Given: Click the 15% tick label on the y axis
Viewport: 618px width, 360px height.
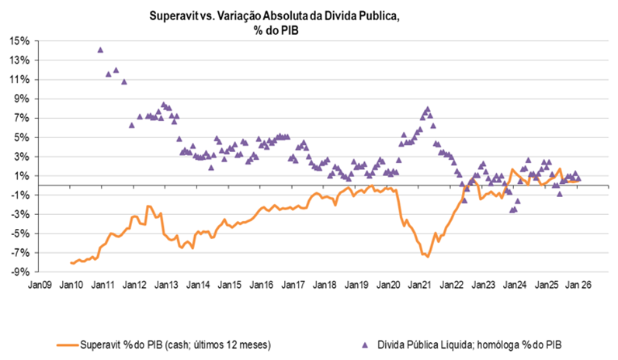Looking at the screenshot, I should (19, 40).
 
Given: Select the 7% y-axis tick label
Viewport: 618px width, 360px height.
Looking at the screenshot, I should (21, 118).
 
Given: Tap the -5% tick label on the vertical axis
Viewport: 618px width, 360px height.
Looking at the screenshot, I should (20, 233).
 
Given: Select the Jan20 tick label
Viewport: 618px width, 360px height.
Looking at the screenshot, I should (387, 286).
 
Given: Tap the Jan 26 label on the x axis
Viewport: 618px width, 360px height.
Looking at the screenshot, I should (578, 286).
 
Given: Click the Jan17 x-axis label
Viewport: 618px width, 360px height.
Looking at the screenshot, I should (293, 286).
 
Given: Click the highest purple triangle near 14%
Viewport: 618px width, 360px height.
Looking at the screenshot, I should (100, 50).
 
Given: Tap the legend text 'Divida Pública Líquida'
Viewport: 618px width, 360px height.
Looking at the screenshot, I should (428, 342).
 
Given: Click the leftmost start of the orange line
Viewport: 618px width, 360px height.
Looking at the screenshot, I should (70, 263).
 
